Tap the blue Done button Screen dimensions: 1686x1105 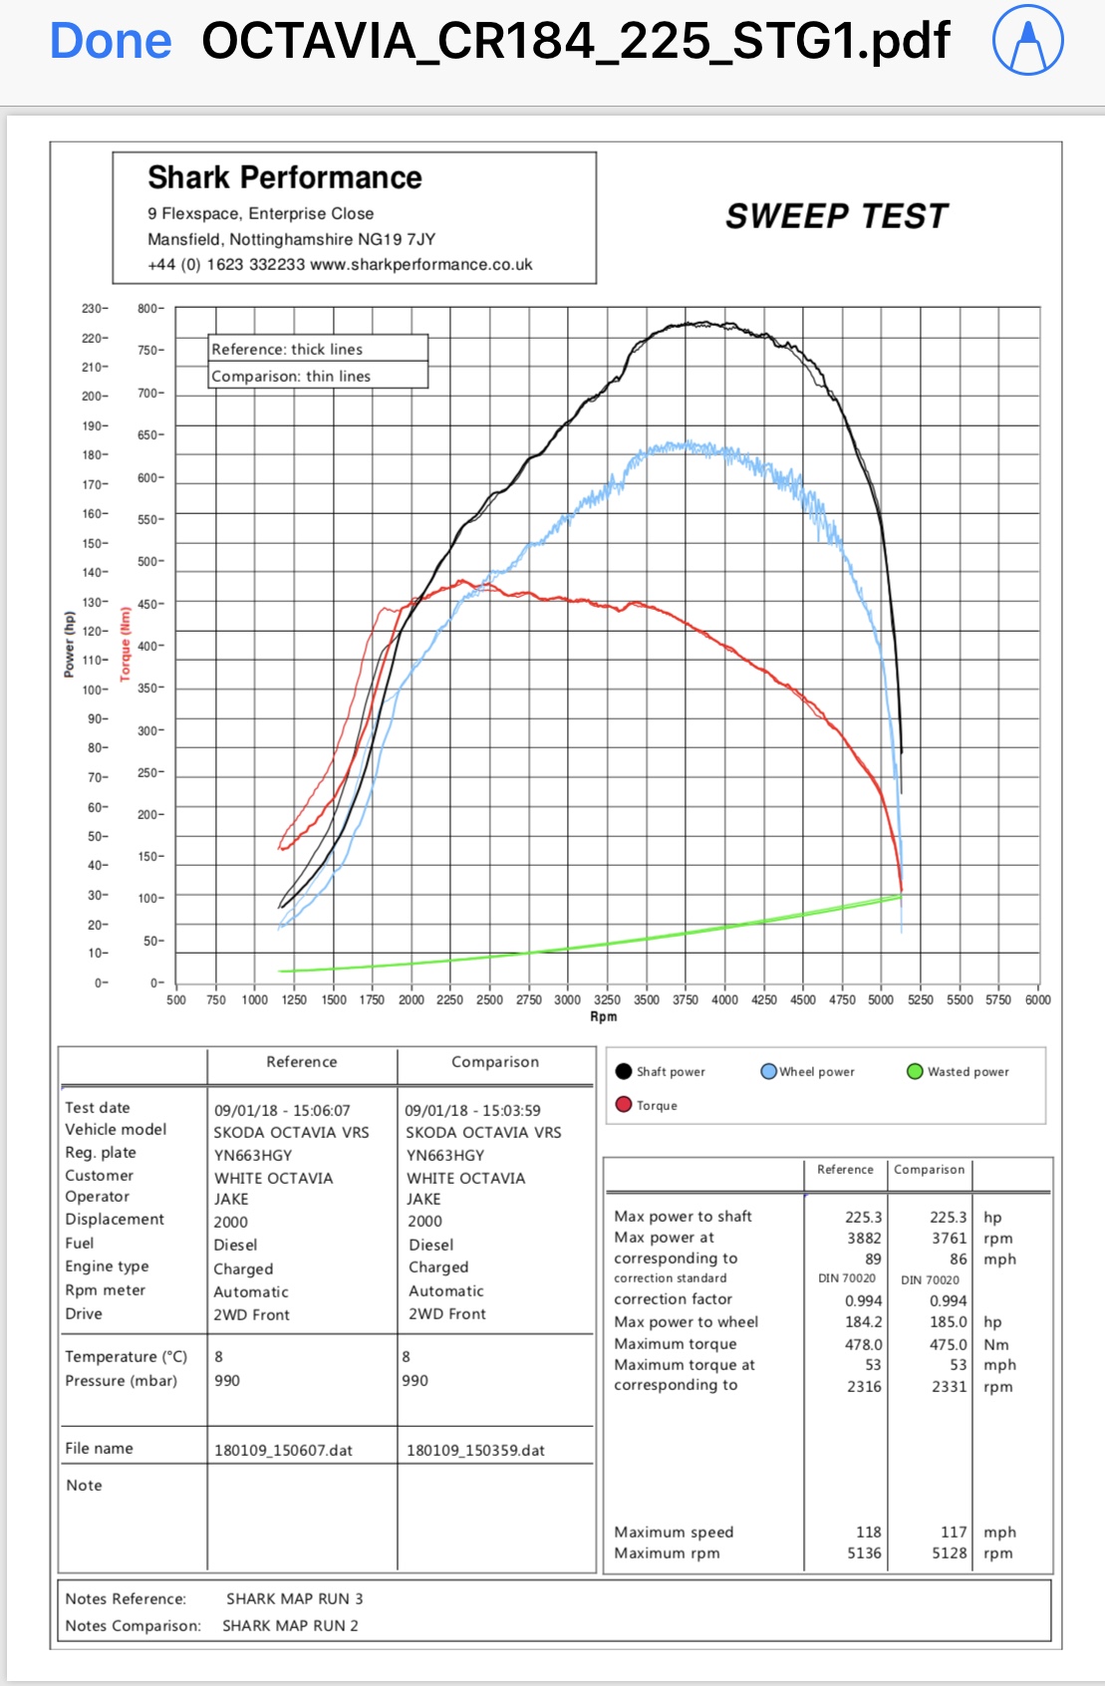(111, 42)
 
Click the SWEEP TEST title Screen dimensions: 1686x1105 (836, 216)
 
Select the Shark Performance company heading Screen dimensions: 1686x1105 (285, 177)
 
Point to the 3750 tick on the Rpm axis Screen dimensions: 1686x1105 (685, 999)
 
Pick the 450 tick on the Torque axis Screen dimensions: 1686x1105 (149, 604)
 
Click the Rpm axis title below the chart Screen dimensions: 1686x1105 (603, 1016)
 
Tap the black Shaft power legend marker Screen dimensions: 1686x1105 (624, 1071)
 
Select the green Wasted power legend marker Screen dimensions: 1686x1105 (915, 1071)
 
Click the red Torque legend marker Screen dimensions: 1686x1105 (624, 1104)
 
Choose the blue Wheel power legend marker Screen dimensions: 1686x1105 (768, 1071)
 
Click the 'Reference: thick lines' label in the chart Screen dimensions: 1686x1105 (287, 349)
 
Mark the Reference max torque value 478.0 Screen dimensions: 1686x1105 (863, 1344)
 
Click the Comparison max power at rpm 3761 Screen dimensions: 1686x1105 (949, 1238)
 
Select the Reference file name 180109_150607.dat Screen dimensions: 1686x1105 (283, 1450)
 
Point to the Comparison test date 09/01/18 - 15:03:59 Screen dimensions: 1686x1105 (472, 1110)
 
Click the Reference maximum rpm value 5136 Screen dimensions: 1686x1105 (864, 1552)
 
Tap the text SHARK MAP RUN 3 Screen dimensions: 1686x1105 (294, 1598)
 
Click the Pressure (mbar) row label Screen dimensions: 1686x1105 (121, 1380)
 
